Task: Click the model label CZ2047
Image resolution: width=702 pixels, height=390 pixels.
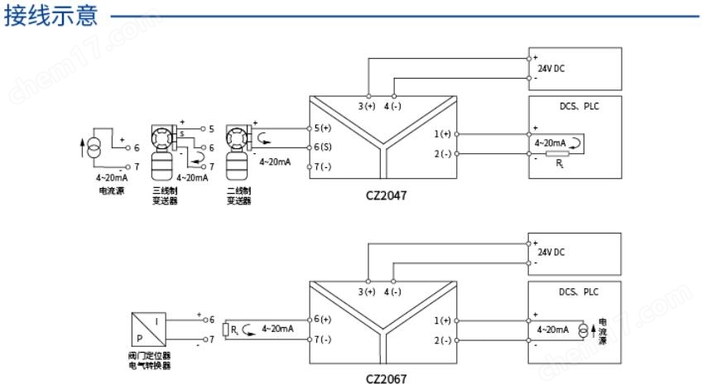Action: pyautogui.click(x=387, y=197)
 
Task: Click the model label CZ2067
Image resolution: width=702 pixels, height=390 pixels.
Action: pyautogui.click(x=387, y=379)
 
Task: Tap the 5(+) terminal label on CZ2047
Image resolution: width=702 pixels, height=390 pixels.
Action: pyautogui.click(x=323, y=128)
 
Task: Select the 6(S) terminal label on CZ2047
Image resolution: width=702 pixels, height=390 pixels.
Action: pyautogui.click(x=323, y=147)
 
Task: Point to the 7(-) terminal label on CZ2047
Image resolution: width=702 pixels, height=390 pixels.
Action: pyautogui.click(x=323, y=167)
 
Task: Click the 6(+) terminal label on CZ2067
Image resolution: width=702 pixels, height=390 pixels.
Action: pyautogui.click(x=323, y=320)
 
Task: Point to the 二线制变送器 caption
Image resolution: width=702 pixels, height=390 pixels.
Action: pyautogui.click(x=239, y=195)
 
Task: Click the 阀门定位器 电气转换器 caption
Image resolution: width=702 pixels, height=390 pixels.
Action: pyautogui.click(x=150, y=360)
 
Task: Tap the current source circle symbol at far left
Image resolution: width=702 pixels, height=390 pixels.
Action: pyautogui.click(x=95, y=149)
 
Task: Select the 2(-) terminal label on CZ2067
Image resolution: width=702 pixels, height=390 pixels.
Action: pyautogui.click(x=442, y=340)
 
